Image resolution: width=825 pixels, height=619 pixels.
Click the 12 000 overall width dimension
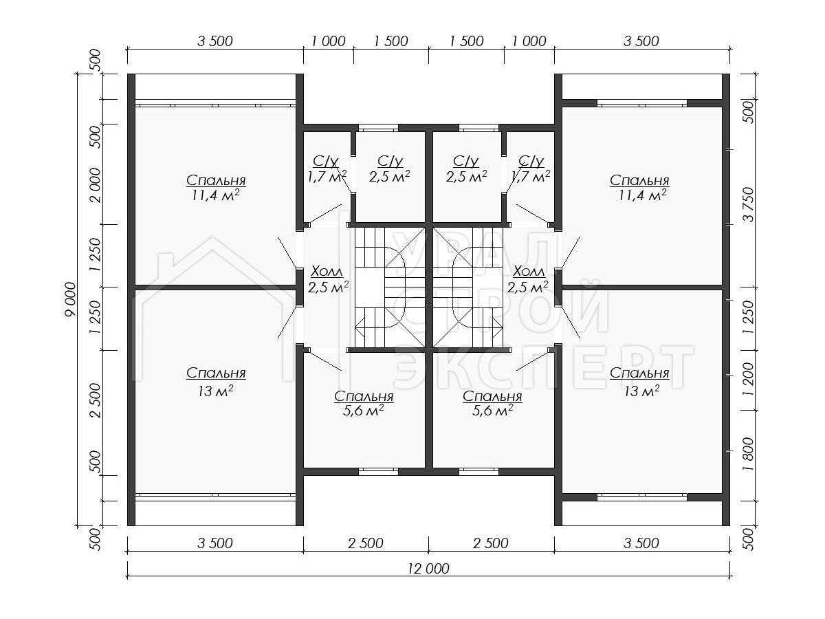[x=428, y=568]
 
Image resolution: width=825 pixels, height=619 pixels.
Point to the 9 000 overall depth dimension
[x=71, y=300]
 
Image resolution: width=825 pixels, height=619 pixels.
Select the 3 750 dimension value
[x=749, y=204]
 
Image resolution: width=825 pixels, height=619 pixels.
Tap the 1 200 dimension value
[x=749, y=380]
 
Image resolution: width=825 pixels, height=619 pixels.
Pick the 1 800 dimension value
[x=749, y=454]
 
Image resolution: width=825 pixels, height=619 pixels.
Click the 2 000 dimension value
[x=96, y=185]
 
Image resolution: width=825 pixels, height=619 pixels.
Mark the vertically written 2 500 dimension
[x=96, y=400]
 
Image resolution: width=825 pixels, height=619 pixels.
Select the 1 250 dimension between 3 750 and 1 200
[x=749, y=317]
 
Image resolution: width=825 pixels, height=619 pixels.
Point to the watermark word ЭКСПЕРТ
[x=543, y=367]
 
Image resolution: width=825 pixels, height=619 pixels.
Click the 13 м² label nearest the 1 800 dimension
[x=641, y=391]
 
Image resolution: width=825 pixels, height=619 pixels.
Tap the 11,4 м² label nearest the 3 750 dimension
[x=642, y=195]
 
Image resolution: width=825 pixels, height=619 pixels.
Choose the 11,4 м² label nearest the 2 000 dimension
[x=216, y=195]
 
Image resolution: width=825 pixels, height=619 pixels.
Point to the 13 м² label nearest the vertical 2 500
[x=215, y=391]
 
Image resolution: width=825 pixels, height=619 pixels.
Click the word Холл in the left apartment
[x=327, y=271]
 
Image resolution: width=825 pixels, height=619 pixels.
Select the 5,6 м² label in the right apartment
[x=492, y=411]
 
